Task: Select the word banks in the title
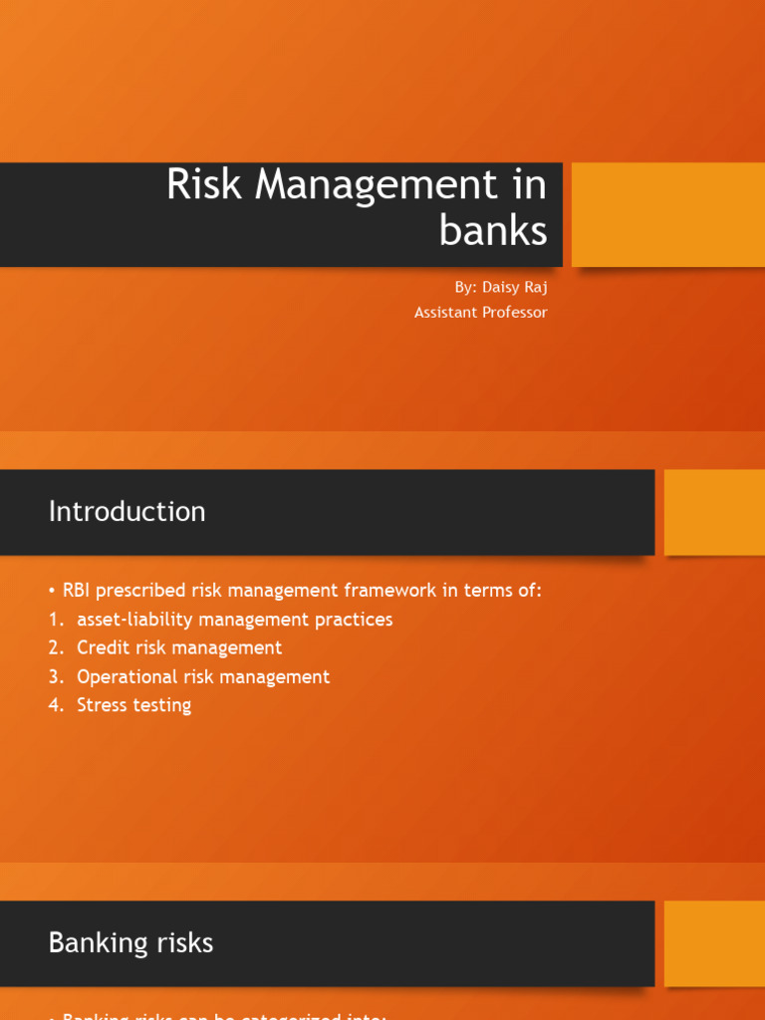[493, 230]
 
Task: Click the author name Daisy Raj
[515, 287]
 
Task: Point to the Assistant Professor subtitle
[480, 313]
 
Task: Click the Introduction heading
[127, 512]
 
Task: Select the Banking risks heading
[130, 943]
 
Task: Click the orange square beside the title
[667, 214]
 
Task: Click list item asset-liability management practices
[234, 620]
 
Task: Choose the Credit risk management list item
[179, 648]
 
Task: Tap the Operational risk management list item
[203, 677]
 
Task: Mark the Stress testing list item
[133, 706]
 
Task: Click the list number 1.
[55, 620]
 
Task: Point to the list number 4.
[56, 706]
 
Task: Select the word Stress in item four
[103, 706]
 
